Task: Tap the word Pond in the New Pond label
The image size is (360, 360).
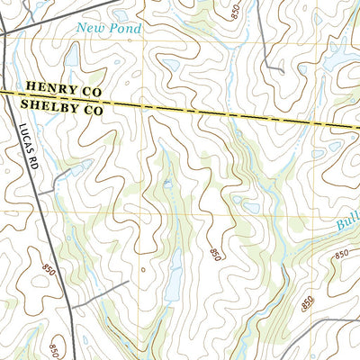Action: point(126,29)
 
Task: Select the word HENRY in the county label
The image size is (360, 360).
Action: point(49,88)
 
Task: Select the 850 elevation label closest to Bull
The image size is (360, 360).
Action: point(341,256)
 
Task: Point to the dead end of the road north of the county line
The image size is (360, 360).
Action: point(282,70)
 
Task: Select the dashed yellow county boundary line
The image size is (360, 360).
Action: point(225,112)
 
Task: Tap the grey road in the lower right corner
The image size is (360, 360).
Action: point(333,321)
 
